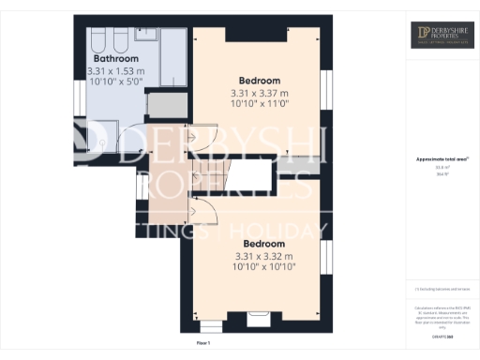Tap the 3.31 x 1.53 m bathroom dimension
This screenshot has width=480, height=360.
point(115,71)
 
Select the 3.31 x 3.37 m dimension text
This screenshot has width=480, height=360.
point(260,93)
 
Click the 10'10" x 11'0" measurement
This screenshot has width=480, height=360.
point(260,105)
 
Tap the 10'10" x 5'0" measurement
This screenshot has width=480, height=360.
point(115,82)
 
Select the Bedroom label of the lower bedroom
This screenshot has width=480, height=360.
point(262,244)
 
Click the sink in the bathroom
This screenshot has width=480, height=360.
point(149,35)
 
